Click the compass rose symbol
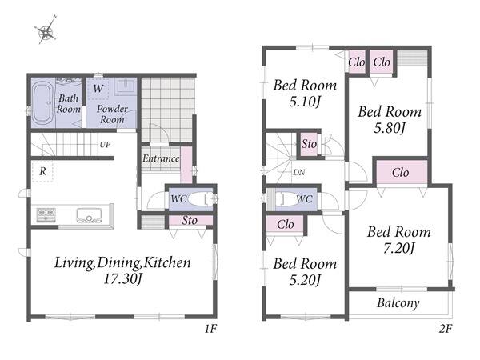[x=46, y=30]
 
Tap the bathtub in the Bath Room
[x=42, y=103]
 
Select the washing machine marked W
[x=98, y=89]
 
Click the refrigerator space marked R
[x=43, y=171]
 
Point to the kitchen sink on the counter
[x=89, y=215]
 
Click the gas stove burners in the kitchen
[x=46, y=214]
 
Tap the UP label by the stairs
[x=105, y=145]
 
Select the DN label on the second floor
[x=298, y=173]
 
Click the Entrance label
[x=161, y=158]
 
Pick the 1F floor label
[x=210, y=329]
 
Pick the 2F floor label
[x=446, y=329]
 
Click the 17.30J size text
[x=122, y=279]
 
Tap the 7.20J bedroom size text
[x=399, y=248]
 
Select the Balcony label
[x=398, y=303]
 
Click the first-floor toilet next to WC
[x=200, y=199]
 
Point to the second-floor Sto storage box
[x=309, y=144]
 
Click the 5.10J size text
[x=305, y=102]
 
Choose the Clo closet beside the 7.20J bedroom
[x=402, y=172]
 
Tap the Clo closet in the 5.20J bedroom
[x=285, y=224]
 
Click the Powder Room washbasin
[x=126, y=85]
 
